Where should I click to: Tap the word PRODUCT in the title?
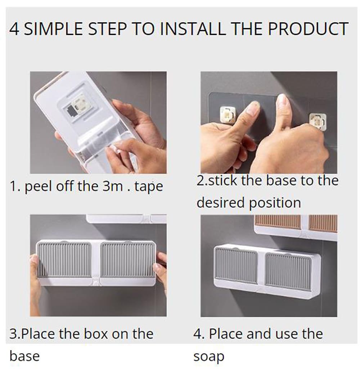pos(308,29)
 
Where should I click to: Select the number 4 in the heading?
pos(14,29)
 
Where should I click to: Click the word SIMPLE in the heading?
pos(53,29)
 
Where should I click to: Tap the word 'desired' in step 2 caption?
pos(220,203)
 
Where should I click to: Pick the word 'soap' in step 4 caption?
pos(209,357)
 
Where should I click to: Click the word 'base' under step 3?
pos(24,356)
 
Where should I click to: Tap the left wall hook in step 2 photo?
pos(228,115)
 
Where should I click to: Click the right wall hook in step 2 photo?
pos(318,121)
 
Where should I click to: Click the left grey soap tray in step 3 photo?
pos(64,259)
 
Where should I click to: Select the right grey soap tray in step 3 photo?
pos(127,259)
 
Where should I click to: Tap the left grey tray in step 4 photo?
pos(236,265)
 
